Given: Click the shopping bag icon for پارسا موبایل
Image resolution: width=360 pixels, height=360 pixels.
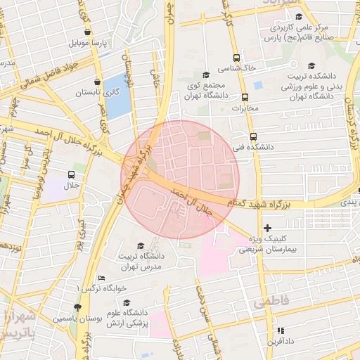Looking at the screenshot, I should (86, 32).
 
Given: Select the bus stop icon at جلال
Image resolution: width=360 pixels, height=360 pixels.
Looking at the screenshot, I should (72, 174).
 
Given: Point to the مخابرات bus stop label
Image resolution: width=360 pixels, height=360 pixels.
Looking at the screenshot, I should (245, 108).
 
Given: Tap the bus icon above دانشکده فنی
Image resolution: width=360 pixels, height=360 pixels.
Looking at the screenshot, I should (253, 136).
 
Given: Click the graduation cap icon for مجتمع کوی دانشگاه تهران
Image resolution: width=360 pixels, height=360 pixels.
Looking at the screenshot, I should (205, 75).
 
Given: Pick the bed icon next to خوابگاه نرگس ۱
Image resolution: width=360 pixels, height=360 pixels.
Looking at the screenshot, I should (102, 278).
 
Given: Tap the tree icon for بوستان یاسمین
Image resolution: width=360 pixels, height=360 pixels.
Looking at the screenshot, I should (77, 308).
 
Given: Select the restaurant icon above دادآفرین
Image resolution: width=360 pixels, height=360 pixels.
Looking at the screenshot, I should (280, 330).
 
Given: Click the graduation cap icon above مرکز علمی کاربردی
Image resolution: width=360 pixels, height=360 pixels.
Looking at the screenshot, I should (299, 17).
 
